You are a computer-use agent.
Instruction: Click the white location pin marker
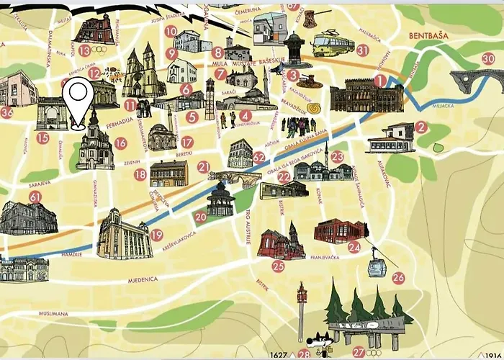(x=78, y=101)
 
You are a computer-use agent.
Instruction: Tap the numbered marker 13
(x=85, y=50)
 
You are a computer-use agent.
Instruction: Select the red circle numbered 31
(x=363, y=50)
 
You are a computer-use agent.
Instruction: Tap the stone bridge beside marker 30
(x=476, y=80)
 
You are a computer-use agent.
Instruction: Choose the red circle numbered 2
(x=421, y=127)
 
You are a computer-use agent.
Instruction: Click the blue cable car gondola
(x=377, y=267)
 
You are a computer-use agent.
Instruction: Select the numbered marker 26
(x=398, y=277)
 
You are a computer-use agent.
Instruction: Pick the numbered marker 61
(x=35, y=197)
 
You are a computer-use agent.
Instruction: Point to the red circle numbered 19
(x=157, y=235)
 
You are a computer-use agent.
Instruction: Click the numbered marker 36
(x=7, y=112)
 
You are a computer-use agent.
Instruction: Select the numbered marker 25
(x=279, y=266)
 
